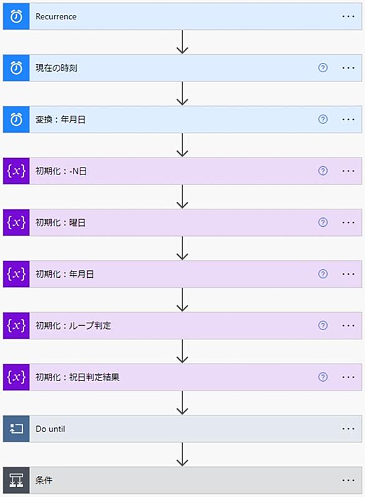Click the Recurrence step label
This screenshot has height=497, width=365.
56,16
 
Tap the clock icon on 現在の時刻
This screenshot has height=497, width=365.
16,68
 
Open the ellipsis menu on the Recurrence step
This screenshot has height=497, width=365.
348,16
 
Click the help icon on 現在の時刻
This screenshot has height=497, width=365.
323,68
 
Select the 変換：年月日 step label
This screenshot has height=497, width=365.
60,120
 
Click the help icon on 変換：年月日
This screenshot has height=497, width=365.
323,120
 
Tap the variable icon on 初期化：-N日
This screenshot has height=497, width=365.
16,171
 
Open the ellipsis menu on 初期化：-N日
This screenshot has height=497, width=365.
348,171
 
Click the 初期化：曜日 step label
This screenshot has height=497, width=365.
60,222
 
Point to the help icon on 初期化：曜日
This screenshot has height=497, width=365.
323,222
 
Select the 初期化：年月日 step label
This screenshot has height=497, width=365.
64,274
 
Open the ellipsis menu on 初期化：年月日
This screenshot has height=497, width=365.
348,274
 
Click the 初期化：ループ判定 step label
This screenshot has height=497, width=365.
73,326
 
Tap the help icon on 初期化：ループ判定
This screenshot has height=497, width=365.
323,326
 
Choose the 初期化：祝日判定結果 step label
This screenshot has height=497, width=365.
77,377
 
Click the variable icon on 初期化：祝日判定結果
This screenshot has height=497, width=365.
16,377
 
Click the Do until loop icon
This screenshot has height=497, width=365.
16,429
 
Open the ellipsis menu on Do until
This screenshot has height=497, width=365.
348,429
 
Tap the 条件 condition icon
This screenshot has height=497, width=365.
16,481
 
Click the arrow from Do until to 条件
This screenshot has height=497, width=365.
183,455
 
